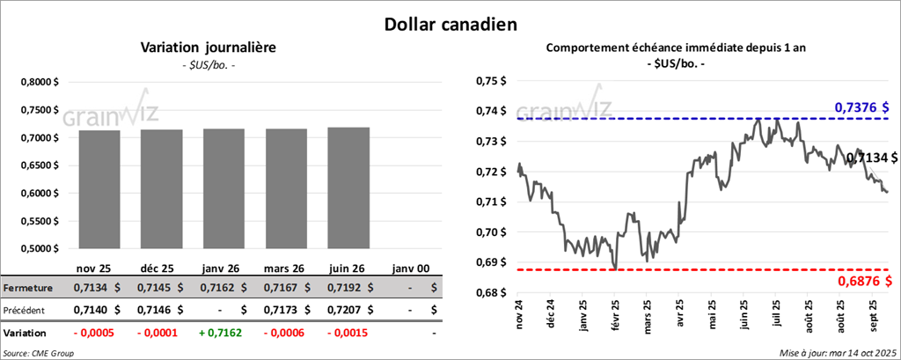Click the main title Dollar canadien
pyautogui.click(x=450, y=23)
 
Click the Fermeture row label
pyautogui.click(x=29, y=287)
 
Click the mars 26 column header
pyautogui.click(x=286, y=267)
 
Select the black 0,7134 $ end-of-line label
pyautogui.click(x=870, y=158)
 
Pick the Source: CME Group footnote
pyautogui.click(x=39, y=352)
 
